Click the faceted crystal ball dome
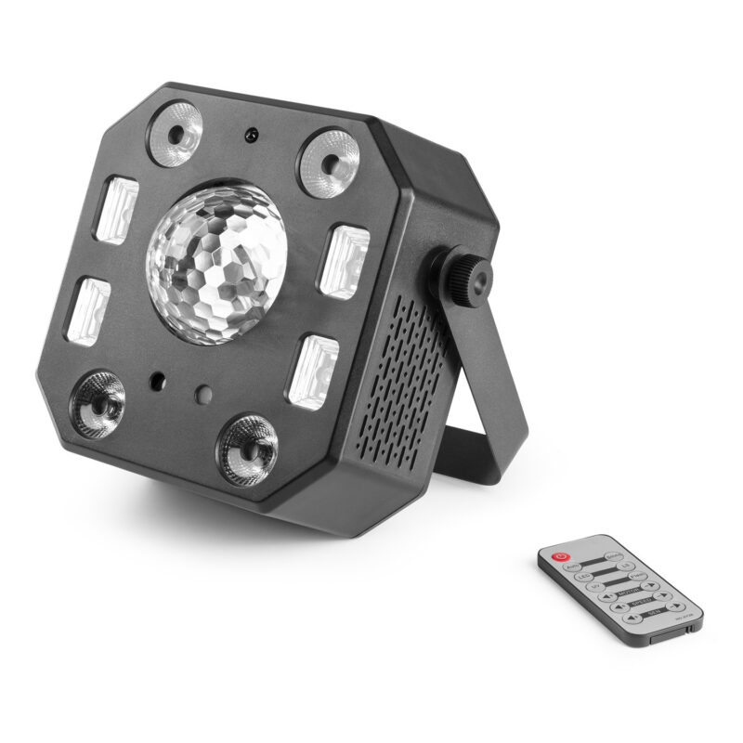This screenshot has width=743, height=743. coord(216,264)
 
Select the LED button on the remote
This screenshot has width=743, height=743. coord(583,578)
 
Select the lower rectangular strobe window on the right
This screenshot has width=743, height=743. coord(313,371)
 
